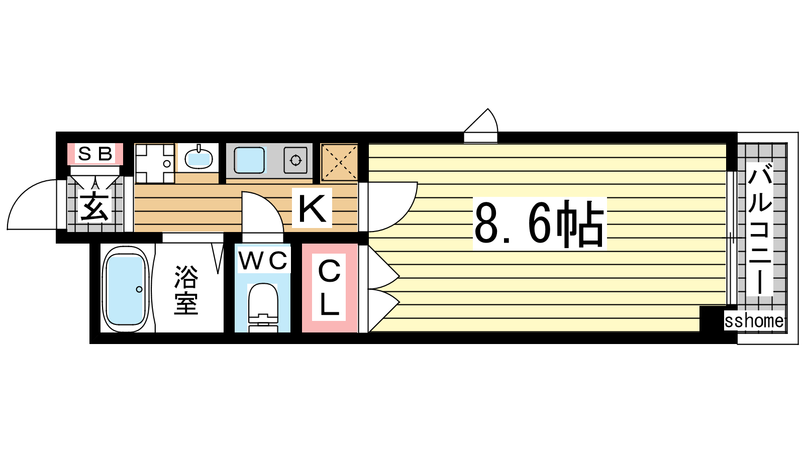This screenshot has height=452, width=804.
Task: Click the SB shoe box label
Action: tap(95, 154)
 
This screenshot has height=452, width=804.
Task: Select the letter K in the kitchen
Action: tap(312, 208)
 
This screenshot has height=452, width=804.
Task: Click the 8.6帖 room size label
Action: tap(540, 224)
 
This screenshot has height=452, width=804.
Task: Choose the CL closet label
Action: tap(329, 287)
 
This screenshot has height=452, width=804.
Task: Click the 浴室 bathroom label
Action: tap(186, 290)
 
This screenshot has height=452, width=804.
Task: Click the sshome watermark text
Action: tap(754, 321)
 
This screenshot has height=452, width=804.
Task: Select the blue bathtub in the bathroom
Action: tap(126, 289)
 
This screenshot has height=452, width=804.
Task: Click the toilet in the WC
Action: tap(263, 308)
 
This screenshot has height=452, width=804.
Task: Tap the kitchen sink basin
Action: tap(249, 160)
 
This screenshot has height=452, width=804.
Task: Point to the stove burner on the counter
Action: tap(295, 160)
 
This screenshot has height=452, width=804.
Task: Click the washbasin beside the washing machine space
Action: tap(198, 158)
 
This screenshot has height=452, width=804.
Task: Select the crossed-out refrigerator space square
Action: tap(339, 162)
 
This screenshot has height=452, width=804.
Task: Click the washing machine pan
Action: tap(154, 163)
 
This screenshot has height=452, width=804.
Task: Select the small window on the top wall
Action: tap(480, 138)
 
